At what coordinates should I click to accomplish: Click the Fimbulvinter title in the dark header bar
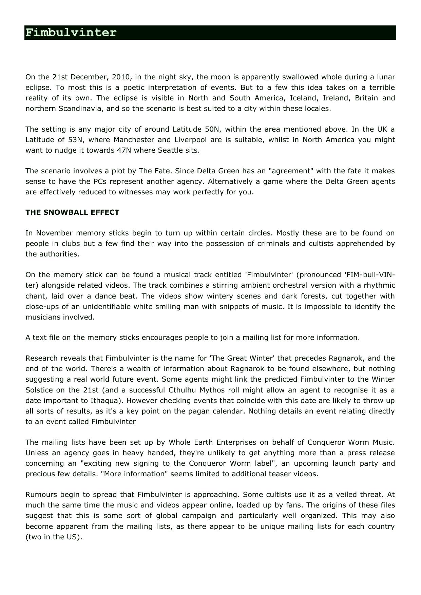point(71,33)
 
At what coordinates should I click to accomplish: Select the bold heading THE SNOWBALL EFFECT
point(72,212)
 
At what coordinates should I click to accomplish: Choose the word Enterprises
point(236,442)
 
